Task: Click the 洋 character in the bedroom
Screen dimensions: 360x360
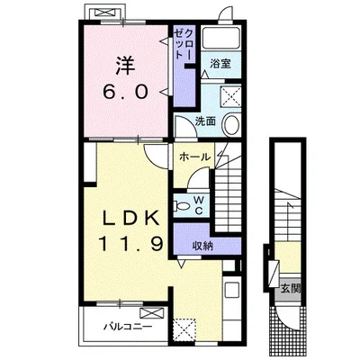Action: [125, 66]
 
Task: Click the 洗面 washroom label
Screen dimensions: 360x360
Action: [206, 121]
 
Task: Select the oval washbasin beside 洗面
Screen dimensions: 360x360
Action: [231, 125]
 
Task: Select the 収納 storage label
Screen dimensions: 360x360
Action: [202, 245]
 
